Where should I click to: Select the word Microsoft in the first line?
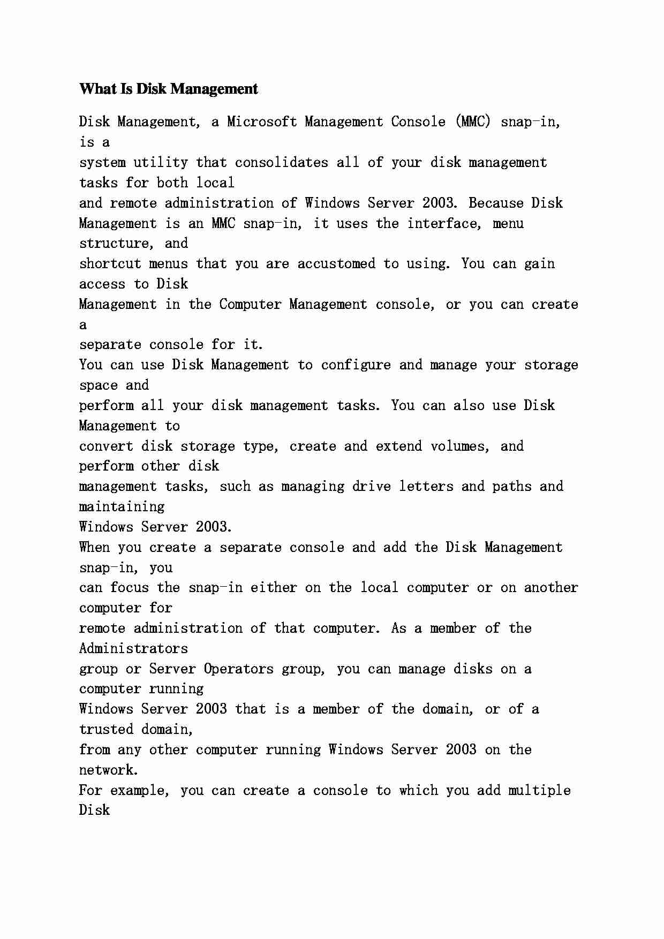coord(262,122)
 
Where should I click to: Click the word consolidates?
coord(281,163)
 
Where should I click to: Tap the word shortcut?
coord(110,264)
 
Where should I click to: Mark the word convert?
coord(106,446)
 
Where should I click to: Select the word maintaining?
coord(122,507)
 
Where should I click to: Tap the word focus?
coord(129,588)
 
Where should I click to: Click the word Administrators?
coord(133,649)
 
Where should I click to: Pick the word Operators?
coord(238,669)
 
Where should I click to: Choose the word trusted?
coord(106,730)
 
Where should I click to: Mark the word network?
coord(108,770)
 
